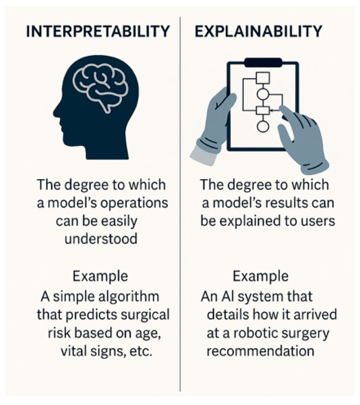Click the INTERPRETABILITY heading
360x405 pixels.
click(98, 32)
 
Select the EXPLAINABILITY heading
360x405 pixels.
click(258, 32)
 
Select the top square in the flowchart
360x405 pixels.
click(263, 78)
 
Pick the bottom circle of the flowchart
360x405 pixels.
click(263, 126)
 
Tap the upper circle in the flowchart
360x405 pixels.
click(263, 94)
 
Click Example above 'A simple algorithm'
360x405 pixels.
click(100, 276)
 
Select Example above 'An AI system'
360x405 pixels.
click(260, 276)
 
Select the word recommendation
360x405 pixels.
click(260, 351)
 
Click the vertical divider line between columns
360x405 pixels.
click(180, 205)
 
